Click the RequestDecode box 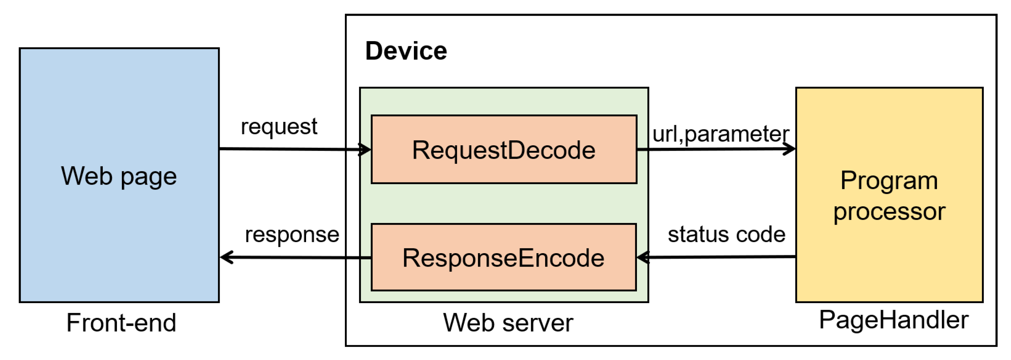point(504,149)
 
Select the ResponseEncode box point(504,258)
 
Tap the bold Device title point(406,51)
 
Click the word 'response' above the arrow point(292,234)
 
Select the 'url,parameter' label point(721,134)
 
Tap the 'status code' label point(726,234)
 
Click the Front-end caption point(121,323)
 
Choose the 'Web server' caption point(508,323)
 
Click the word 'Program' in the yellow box point(889,181)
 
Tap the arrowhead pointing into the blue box point(226,258)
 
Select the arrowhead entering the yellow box point(790,149)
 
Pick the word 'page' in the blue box point(148,177)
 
